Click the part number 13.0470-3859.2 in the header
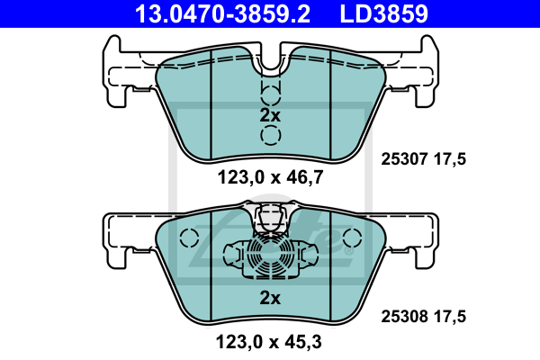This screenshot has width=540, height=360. (x=222, y=13)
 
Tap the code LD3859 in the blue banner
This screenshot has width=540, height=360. (x=383, y=13)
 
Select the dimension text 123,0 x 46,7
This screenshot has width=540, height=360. (x=270, y=177)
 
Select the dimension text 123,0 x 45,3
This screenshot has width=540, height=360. (x=268, y=342)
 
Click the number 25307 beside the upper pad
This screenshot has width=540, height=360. (x=404, y=159)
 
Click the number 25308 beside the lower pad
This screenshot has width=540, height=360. (x=404, y=316)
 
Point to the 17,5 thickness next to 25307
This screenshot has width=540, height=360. (x=449, y=159)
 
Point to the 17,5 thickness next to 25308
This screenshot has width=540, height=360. (x=449, y=316)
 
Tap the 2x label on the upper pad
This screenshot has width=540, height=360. (x=270, y=115)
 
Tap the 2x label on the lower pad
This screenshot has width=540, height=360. (x=270, y=298)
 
